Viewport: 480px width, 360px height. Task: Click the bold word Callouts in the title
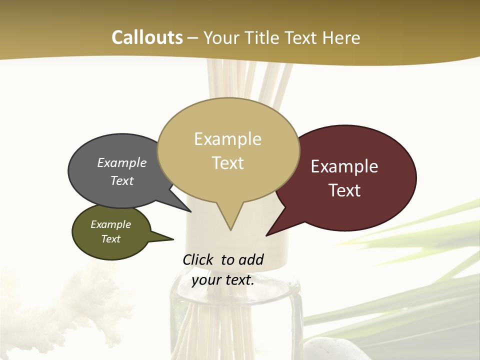(147, 37)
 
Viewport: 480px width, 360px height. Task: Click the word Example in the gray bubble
(122, 162)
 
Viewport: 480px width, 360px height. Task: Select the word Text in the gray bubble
(122, 180)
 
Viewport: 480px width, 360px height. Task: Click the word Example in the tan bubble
(228, 139)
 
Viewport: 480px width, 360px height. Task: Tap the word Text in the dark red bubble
(345, 190)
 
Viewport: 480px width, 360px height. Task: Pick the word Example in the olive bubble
(111, 224)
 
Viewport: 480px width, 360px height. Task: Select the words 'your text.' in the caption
(223, 280)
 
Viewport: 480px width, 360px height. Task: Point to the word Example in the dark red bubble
(345, 166)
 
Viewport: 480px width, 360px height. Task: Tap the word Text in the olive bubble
(111, 239)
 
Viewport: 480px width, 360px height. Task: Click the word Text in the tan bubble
(228, 163)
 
